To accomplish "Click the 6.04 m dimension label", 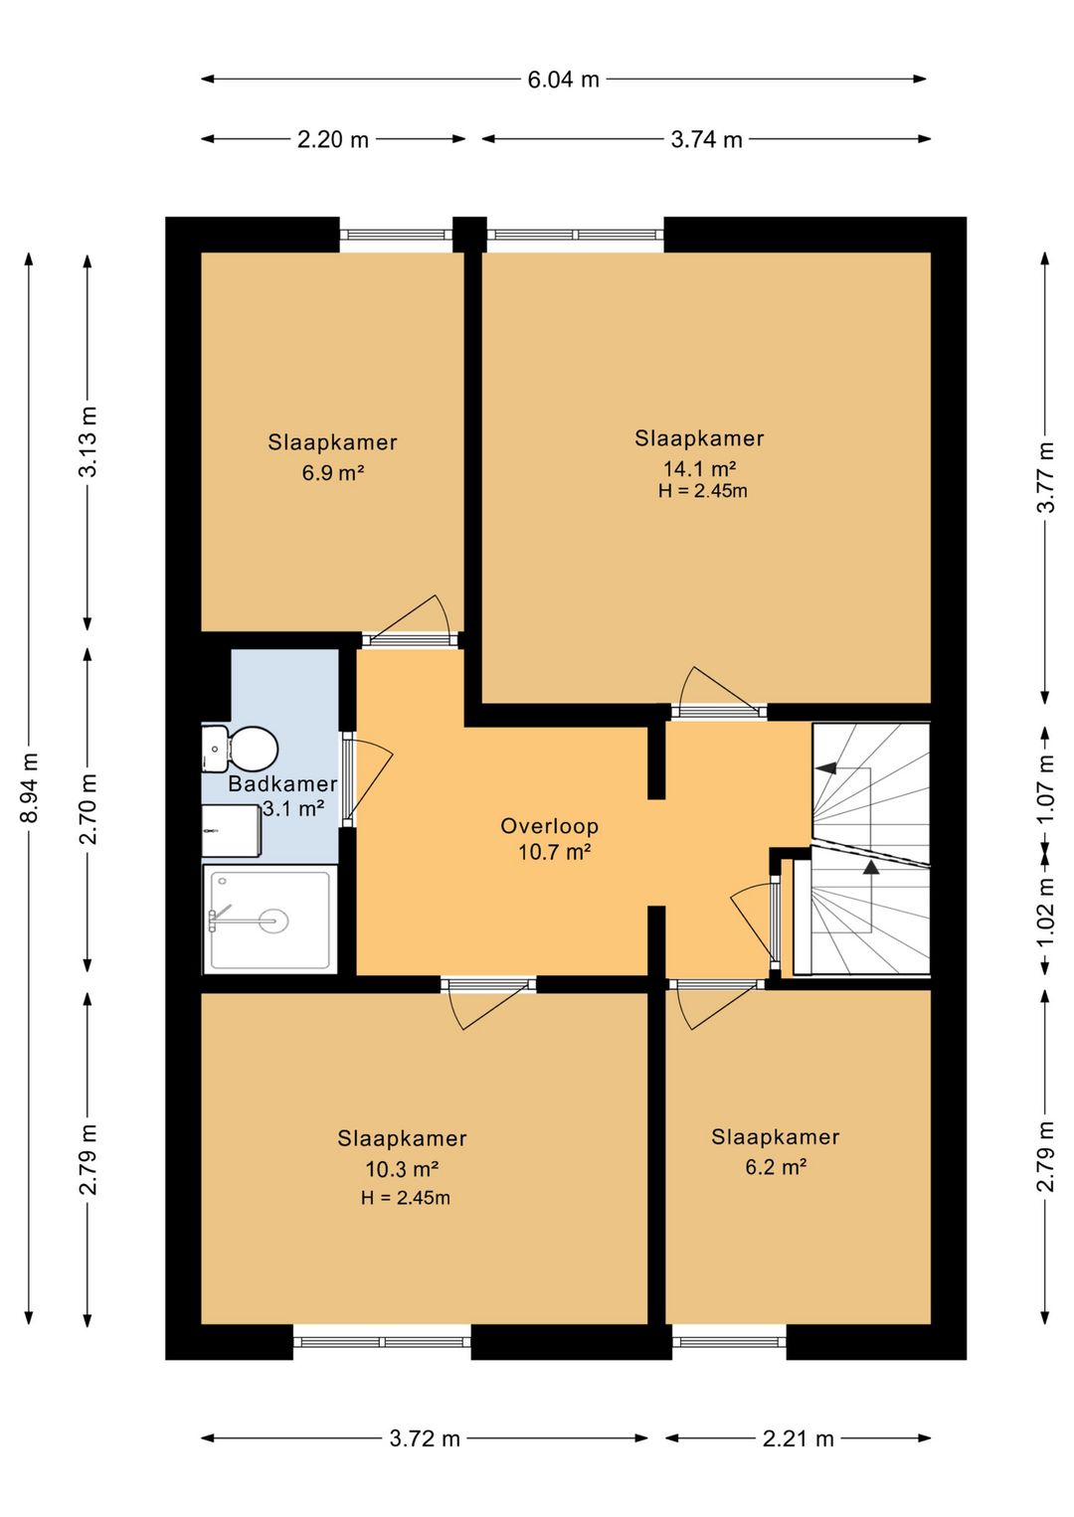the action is pyautogui.click(x=563, y=80).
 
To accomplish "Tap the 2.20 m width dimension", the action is pyautogui.click(x=333, y=139).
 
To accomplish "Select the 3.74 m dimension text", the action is pyautogui.click(x=706, y=139).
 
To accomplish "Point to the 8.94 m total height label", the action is pyautogui.click(x=29, y=787).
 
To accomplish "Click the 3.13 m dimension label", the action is pyautogui.click(x=89, y=441).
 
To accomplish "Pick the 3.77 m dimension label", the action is pyautogui.click(x=1046, y=477).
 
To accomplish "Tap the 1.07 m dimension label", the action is pyautogui.click(x=1046, y=788).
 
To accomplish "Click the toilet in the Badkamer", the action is pyautogui.click(x=240, y=749).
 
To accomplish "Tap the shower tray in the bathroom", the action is pyautogui.click(x=269, y=920).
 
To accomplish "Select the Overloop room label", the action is pyautogui.click(x=550, y=826).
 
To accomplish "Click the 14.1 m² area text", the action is pyautogui.click(x=699, y=468).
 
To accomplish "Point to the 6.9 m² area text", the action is pyautogui.click(x=333, y=472).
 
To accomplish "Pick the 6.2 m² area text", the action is pyautogui.click(x=776, y=1167).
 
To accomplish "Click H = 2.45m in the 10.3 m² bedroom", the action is pyautogui.click(x=405, y=1198).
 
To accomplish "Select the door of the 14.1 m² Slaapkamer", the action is pyautogui.click(x=717, y=690).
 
